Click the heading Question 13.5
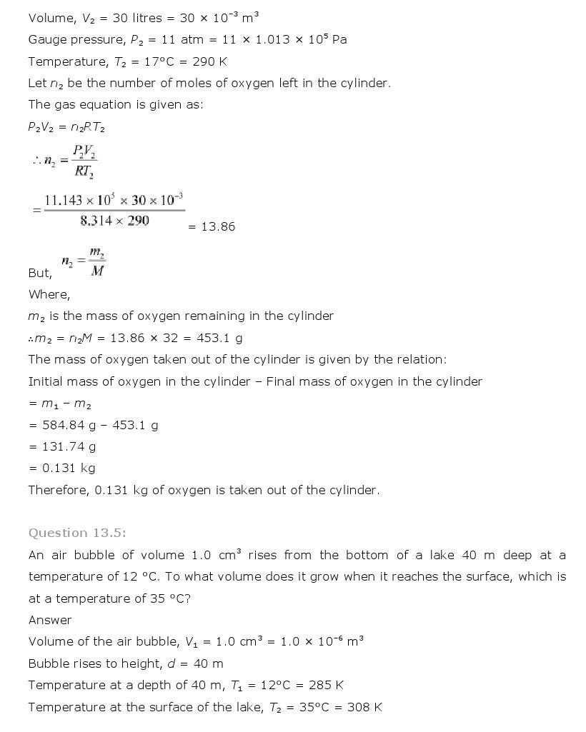pyautogui.click(x=77, y=533)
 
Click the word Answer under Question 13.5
pyautogui.click(x=50, y=620)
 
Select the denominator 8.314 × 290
pyautogui.click(x=114, y=221)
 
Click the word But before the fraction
pyautogui.click(x=40, y=273)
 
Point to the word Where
pyautogui.click(x=49, y=294)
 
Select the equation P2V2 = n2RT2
pyautogui.click(x=68, y=126)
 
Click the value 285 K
pyautogui.click(x=326, y=685)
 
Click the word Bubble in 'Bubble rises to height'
pyautogui.click(x=49, y=663)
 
